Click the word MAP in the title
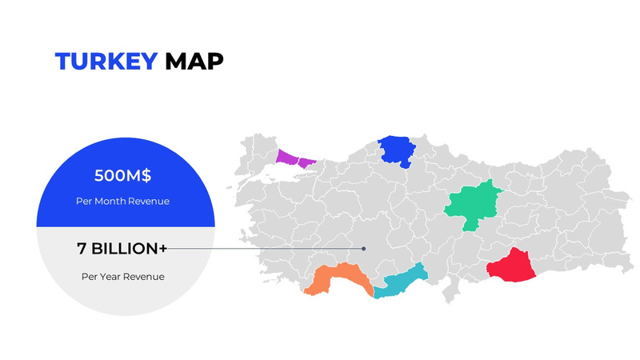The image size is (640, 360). tap(194, 62)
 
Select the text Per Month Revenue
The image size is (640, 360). tap(122, 201)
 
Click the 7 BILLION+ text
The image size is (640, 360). tap(122, 249)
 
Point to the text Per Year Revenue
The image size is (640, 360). tap(122, 277)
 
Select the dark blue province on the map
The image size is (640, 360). tap(395, 150)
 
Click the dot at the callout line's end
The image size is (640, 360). tap(363, 249)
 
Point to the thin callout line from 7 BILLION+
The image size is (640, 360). tap(264, 249)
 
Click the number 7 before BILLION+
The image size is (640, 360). tap(82, 249)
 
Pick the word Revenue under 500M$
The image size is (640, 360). tap(150, 201)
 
